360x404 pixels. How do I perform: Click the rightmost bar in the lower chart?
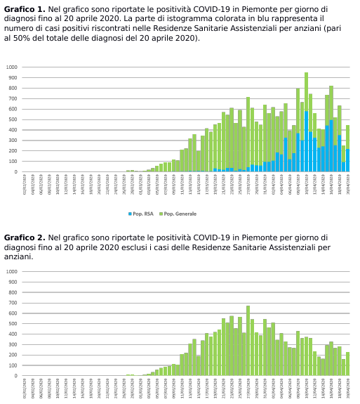click(347, 364)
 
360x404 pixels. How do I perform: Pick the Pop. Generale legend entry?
click(180, 214)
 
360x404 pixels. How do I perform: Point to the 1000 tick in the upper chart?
click(12, 67)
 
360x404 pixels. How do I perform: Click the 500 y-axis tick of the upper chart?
click(13, 119)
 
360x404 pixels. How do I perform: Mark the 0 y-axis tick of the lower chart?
click(16, 375)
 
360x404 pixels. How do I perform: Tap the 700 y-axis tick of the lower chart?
click(13, 303)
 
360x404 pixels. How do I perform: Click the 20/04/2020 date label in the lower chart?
click(347, 387)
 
